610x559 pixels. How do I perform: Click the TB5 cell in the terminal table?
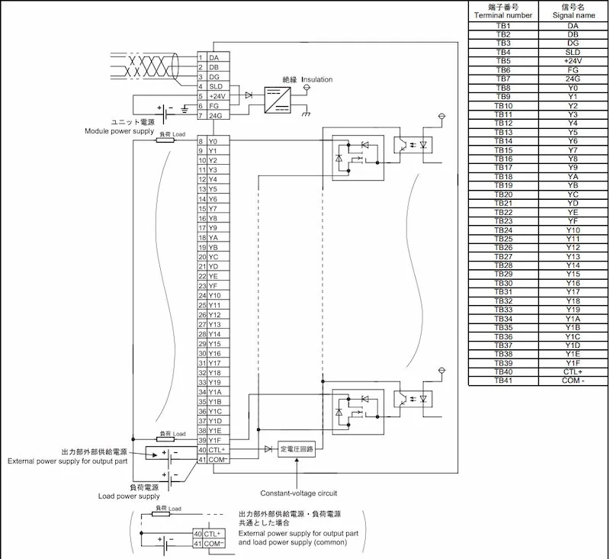[x=503, y=61]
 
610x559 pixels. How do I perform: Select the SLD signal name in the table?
[x=573, y=52]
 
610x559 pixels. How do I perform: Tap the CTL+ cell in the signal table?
[x=573, y=372]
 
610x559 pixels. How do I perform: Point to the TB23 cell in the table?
[x=503, y=221]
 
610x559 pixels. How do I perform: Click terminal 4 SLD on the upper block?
[x=213, y=86]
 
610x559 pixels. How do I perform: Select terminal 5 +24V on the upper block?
[x=213, y=96]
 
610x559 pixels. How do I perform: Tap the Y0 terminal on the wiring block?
[x=213, y=141]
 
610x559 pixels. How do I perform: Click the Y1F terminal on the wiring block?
[x=213, y=440]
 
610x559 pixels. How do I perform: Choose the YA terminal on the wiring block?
[x=213, y=238]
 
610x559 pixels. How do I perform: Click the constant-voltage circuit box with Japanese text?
[x=297, y=449]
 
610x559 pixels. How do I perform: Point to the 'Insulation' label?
[x=317, y=79]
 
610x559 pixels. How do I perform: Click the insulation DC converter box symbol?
[x=278, y=100]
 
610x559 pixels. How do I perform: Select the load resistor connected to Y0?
[x=165, y=140]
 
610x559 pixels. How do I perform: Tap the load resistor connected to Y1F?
[x=165, y=439]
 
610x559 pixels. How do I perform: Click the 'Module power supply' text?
[x=120, y=131]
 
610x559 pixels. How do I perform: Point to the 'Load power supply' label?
[x=129, y=496]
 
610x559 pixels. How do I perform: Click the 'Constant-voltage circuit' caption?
[x=299, y=493]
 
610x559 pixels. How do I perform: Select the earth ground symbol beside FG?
[x=185, y=109]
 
